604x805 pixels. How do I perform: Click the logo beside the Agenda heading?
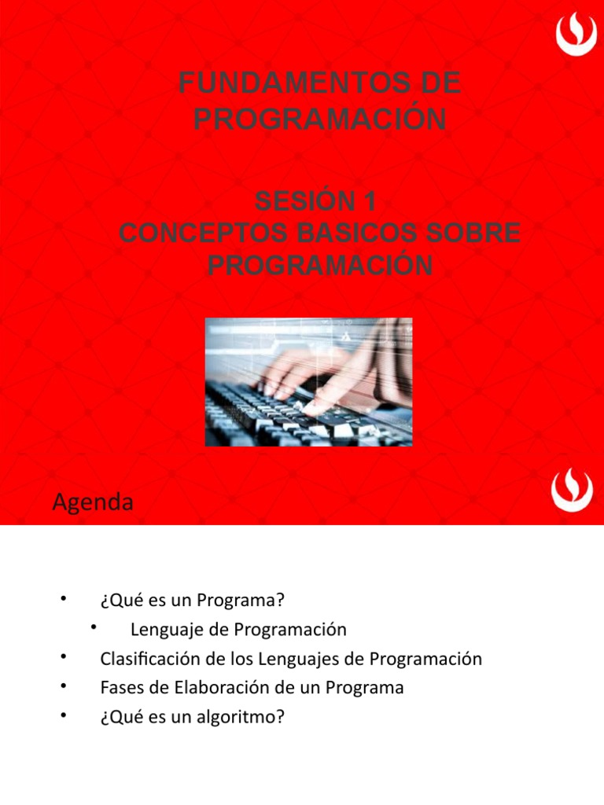tap(572, 491)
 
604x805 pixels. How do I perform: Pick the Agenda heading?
tap(93, 502)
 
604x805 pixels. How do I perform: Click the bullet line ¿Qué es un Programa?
tap(191, 601)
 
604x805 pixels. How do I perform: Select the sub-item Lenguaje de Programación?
tap(238, 629)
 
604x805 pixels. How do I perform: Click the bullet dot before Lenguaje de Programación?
tap(94, 627)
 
